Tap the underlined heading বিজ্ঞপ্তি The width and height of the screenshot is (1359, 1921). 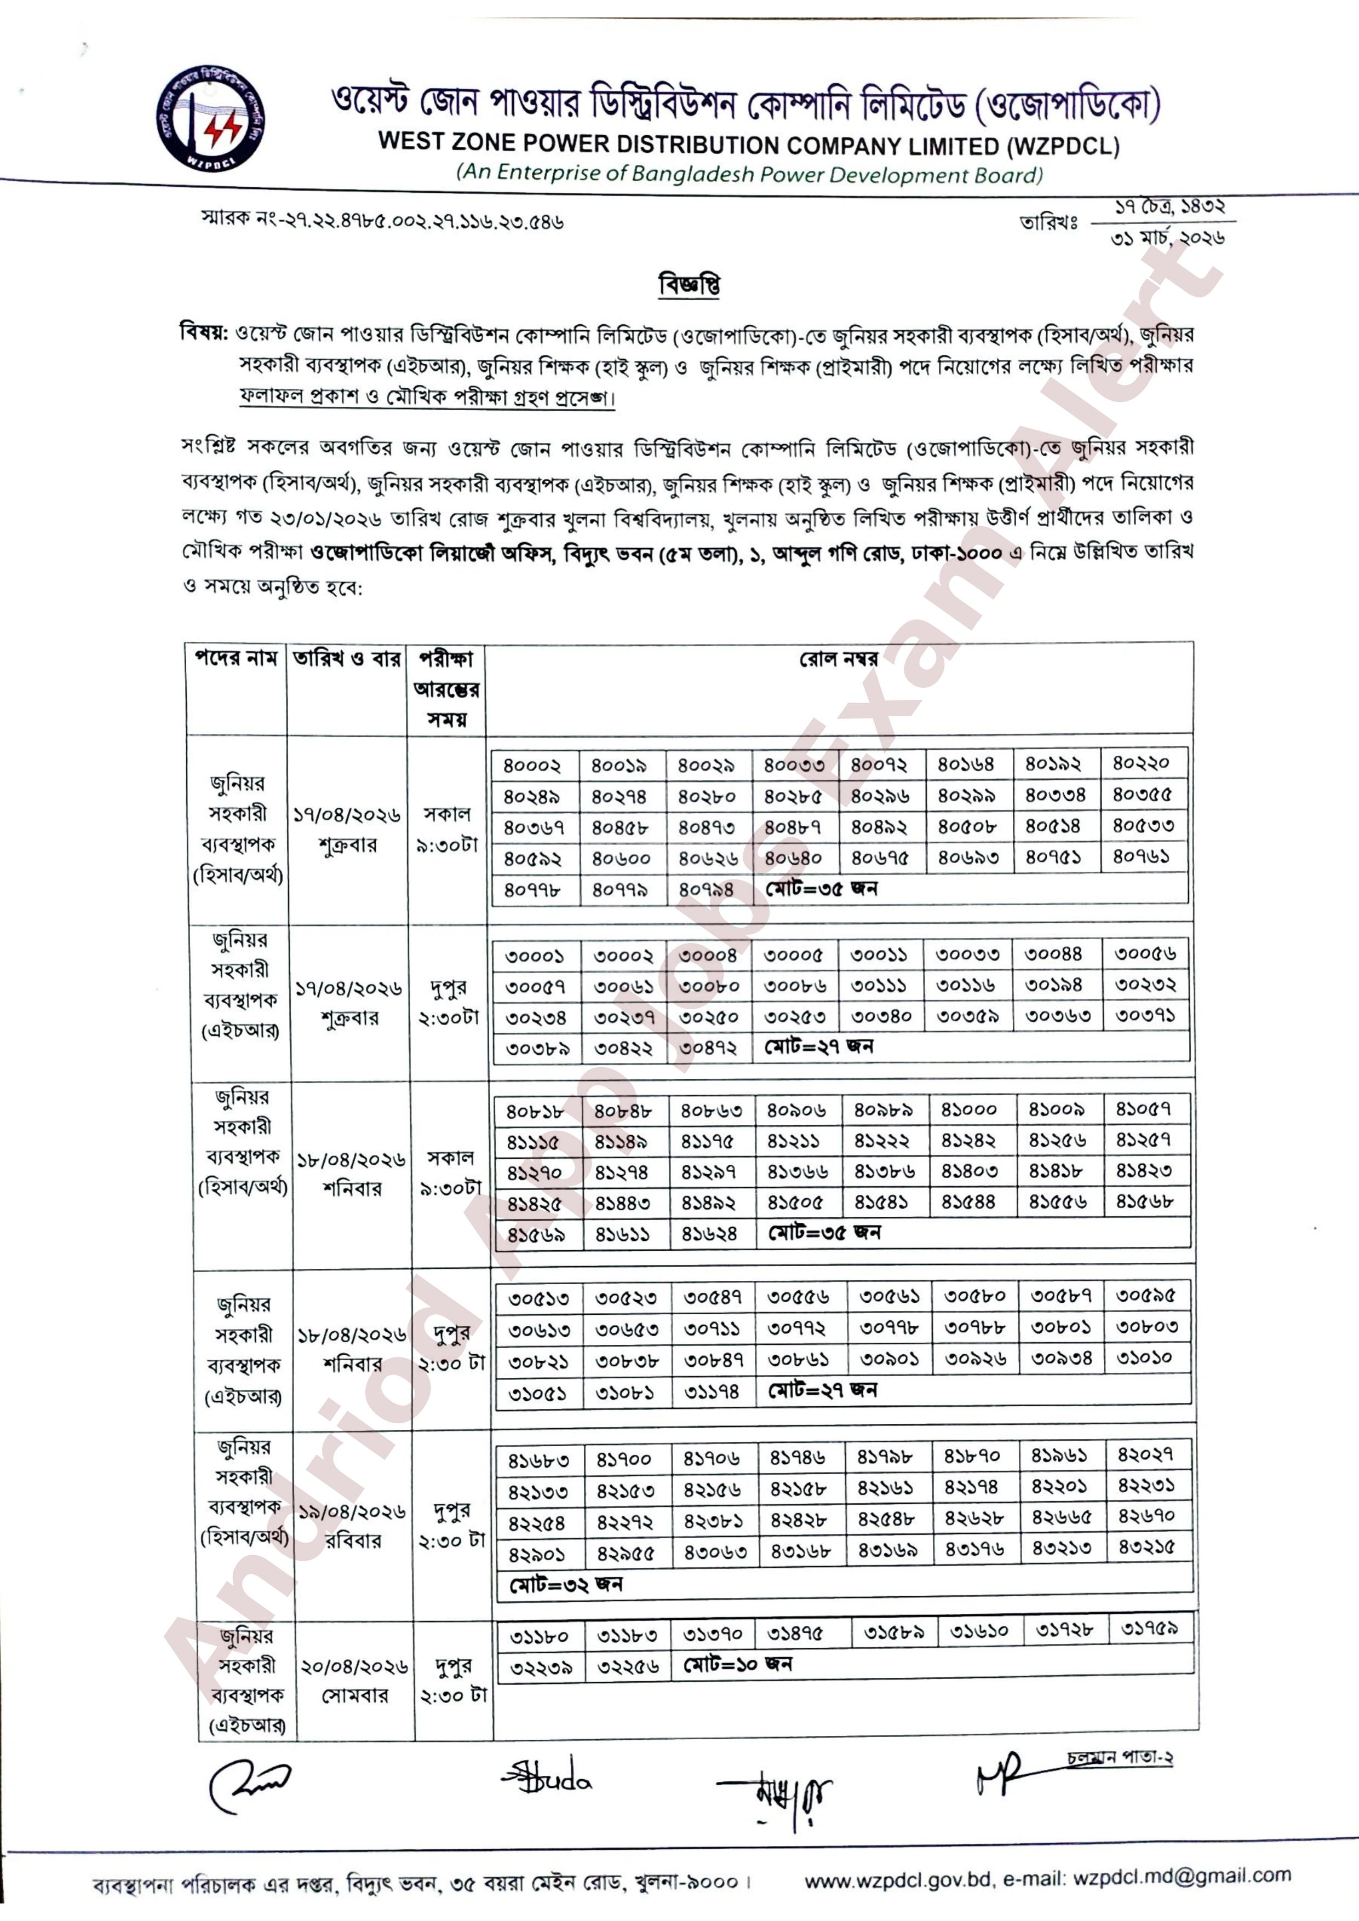tap(690, 284)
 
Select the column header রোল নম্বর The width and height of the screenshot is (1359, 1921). tap(839, 659)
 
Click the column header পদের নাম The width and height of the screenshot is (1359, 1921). tap(236, 658)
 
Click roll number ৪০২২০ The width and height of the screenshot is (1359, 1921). tap(1140, 763)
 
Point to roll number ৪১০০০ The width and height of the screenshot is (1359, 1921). tap(969, 1110)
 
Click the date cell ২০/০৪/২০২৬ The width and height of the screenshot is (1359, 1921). tap(354, 1667)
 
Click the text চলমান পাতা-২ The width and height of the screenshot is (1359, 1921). tap(1120, 1758)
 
